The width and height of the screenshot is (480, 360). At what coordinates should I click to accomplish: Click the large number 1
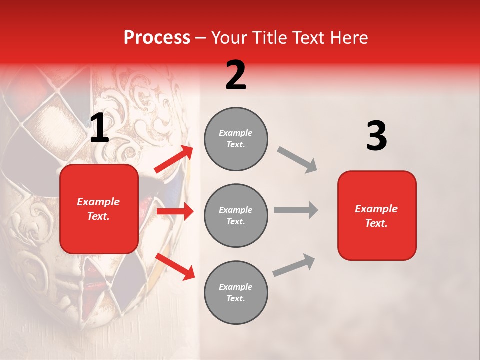pos(99,128)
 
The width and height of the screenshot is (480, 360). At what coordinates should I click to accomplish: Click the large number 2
pos(236,76)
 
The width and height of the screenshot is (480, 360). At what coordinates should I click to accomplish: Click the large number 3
pos(376,136)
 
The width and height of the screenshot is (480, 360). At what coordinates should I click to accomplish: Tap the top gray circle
pos(236,139)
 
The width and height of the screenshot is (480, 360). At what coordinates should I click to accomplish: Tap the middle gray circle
pos(236,215)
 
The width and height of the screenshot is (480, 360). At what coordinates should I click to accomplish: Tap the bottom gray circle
pos(236,292)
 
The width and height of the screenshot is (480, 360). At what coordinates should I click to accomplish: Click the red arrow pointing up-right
pos(174,159)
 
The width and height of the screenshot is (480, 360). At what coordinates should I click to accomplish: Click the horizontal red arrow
pos(175,211)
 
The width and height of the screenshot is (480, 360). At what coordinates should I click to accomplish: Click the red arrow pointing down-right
pos(175,266)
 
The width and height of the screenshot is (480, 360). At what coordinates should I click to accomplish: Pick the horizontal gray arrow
pos(296,210)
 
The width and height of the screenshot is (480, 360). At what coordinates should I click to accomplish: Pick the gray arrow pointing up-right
pos(294,265)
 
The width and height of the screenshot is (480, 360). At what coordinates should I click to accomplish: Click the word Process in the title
pos(157,37)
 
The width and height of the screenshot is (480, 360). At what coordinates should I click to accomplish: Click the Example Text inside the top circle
pos(236,139)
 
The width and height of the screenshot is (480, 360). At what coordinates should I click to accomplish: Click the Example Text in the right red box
pos(376,216)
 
